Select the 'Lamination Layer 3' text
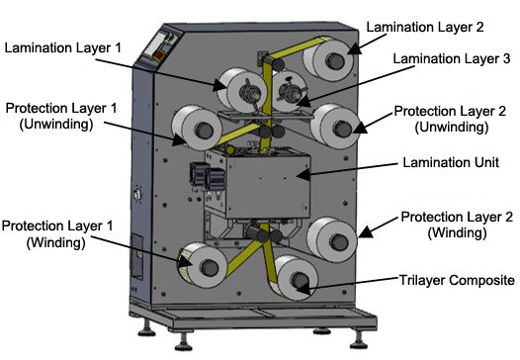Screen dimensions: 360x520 pyautogui.click(x=450, y=60)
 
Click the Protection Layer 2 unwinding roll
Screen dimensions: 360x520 pyautogui.click(x=333, y=126)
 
